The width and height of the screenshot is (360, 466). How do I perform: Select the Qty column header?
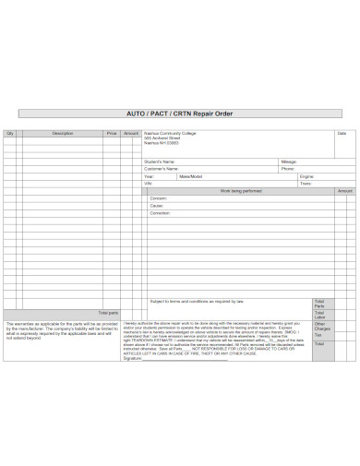pyautogui.click(x=11, y=134)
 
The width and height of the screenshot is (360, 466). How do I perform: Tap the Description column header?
pyautogui.click(x=62, y=134)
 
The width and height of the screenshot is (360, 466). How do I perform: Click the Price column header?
pyautogui.click(x=112, y=134)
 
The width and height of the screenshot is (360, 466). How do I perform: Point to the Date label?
pyautogui.click(x=341, y=134)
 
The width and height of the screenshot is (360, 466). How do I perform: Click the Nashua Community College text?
pyautogui.click(x=170, y=134)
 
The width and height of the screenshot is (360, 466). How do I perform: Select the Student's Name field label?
pyautogui.click(x=162, y=161)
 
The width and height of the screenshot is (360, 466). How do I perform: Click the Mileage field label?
pyautogui.click(x=289, y=161)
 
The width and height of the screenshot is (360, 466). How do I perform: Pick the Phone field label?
pyautogui.click(x=288, y=169)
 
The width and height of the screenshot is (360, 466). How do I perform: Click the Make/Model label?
pyautogui.click(x=191, y=176)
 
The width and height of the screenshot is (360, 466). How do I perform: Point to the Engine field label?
pyautogui.click(x=307, y=176)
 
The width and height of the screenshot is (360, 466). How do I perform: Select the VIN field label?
pyautogui.click(x=148, y=184)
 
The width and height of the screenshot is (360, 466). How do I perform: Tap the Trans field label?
pyautogui.click(x=306, y=184)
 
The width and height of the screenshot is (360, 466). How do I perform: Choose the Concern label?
pyautogui.click(x=159, y=198)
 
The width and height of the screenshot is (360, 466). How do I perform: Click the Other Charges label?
pyautogui.click(x=319, y=327)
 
